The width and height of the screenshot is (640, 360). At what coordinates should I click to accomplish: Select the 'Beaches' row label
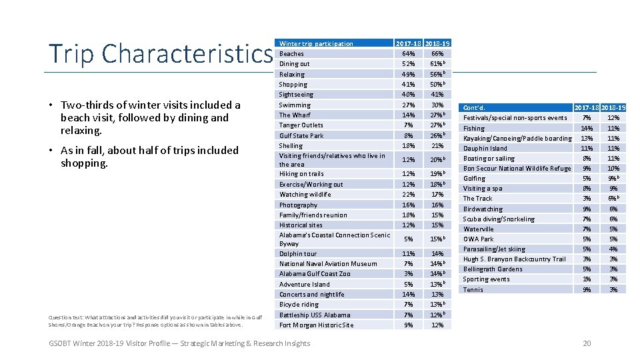(291, 54)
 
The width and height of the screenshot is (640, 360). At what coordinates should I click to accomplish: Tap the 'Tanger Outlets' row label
(301, 125)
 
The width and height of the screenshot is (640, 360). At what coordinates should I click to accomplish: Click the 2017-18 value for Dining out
(409, 64)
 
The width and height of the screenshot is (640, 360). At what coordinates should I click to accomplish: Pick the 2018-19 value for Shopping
(437, 85)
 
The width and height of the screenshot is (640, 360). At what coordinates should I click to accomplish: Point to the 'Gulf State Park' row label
(301, 136)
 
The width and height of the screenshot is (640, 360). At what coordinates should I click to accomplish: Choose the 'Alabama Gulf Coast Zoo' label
(315, 274)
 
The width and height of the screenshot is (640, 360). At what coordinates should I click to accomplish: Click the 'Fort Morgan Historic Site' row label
(316, 325)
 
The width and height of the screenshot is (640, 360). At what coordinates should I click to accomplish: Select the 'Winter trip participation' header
(316, 44)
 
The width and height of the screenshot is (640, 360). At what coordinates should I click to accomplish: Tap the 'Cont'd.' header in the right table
(474, 108)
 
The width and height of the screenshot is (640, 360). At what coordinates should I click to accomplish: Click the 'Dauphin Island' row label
(485, 149)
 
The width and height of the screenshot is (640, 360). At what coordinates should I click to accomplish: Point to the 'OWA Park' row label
(478, 239)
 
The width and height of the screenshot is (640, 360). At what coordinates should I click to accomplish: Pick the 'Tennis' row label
(473, 290)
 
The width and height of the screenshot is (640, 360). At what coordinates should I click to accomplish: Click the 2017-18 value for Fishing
(587, 129)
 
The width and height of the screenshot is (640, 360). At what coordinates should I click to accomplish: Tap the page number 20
(587, 343)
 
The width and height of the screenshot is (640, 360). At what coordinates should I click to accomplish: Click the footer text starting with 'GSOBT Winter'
(179, 343)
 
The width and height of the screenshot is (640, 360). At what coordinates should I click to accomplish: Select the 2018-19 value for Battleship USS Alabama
(437, 315)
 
